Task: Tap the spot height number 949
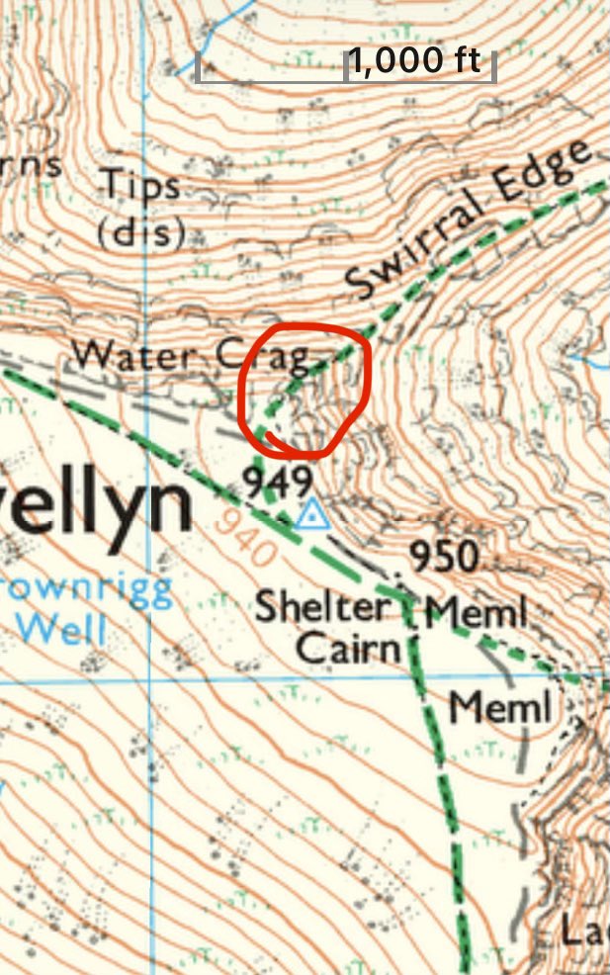pos(278,483)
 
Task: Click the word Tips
pos(142,185)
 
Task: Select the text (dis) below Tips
pos(142,233)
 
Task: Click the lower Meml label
pos(498,708)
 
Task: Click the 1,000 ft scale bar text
pos(415,61)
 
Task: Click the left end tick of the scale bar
pos(199,67)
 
